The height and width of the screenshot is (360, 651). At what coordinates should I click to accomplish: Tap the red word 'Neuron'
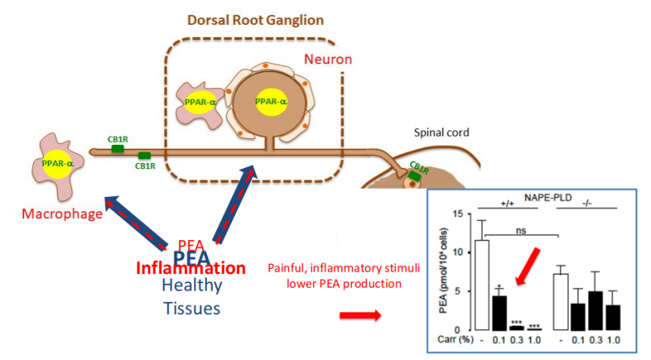pos(327,59)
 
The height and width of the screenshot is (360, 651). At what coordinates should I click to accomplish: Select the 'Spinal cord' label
pos(441,132)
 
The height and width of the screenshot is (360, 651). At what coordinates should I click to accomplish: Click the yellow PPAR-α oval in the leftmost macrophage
pos(57,162)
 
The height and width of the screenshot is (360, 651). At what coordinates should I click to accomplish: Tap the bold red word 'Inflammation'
pos(191,268)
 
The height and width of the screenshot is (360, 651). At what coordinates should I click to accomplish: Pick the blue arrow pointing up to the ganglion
pos(233,205)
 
